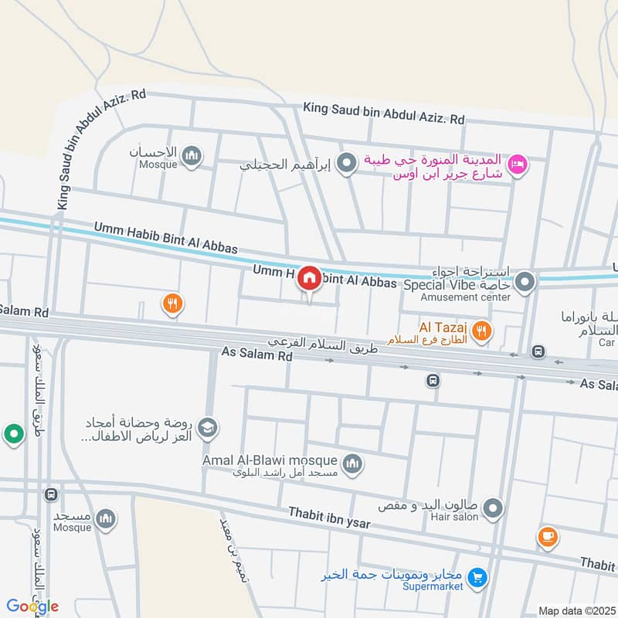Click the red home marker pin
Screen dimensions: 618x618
[x=310, y=278]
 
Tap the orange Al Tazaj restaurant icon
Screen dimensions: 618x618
[x=482, y=331]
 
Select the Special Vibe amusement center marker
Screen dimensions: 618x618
[x=525, y=282]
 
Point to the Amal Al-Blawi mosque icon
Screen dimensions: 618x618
[x=353, y=463]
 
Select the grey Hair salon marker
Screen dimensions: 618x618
[x=492, y=508]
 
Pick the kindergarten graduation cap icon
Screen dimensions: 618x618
[x=207, y=426]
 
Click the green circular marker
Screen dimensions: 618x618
[x=13, y=435]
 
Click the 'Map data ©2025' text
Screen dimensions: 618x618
[x=576, y=611]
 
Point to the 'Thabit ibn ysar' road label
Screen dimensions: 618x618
[x=329, y=518]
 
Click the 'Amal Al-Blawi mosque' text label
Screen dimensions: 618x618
[x=270, y=460]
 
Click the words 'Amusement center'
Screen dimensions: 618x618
[x=471, y=297]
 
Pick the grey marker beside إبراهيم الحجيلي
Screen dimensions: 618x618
[x=348, y=163]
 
